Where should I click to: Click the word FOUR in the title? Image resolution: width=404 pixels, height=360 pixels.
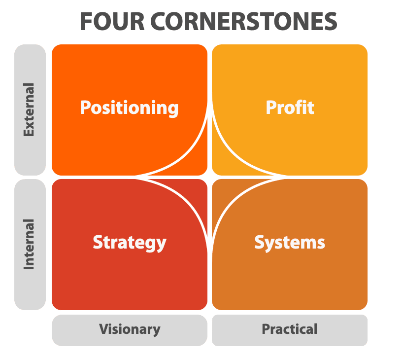click(x=112, y=21)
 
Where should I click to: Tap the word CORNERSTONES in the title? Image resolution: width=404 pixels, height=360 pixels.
click(x=244, y=21)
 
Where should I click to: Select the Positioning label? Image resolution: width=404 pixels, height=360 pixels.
click(x=130, y=108)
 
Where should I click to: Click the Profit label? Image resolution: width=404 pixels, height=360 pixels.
click(x=290, y=108)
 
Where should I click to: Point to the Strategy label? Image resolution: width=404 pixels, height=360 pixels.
click(x=130, y=243)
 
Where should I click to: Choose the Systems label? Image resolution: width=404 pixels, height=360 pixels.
click(x=290, y=243)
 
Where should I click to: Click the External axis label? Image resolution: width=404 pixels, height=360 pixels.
click(x=29, y=109)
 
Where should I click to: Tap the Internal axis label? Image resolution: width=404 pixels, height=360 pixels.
click(x=29, y=244)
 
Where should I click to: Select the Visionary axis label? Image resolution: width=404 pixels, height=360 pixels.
click(x=130, y=329)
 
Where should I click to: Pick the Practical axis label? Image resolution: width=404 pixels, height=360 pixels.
click(x=290, y=329)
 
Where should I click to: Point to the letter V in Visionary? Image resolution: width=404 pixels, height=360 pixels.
click(x=105, y=329)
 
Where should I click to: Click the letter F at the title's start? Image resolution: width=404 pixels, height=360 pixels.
click(x=86, y=21)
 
